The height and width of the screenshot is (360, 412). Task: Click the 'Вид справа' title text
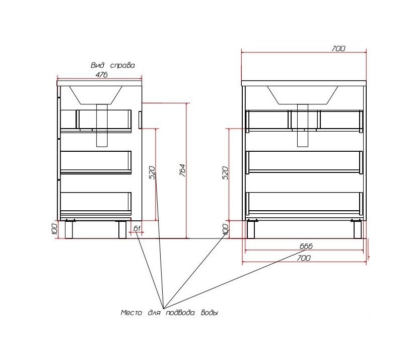pyautogui.click(x=113, y=65)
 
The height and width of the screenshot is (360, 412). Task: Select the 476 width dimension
pyautogui.click(x=101, y=75)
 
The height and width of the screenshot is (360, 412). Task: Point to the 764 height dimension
pyautogui.click(x=183, y=170)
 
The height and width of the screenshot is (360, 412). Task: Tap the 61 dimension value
pyautogui.click(x=137, y=228)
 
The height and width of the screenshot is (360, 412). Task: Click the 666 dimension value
pyautogui.click(x=306, y=246)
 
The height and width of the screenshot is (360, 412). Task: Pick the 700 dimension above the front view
pyautogui.click(x=338, y=48)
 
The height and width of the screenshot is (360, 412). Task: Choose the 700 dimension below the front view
pyautogui.click(x=304, y=258)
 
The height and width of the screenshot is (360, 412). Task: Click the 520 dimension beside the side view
pyautogui.click(x=152, y=172)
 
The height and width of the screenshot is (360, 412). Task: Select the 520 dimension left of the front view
pyautogui.click(x=226, y=172)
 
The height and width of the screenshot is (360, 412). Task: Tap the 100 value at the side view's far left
pyautogui.click(x=54, y=229)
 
